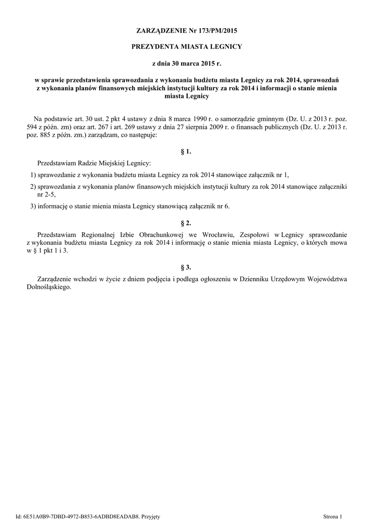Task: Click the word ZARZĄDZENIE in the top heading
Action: point(160,31)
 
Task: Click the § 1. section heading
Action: point(187,152)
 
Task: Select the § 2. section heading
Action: point(187,223)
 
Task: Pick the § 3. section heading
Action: point(187,267)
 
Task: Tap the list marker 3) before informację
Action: point(32,206)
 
